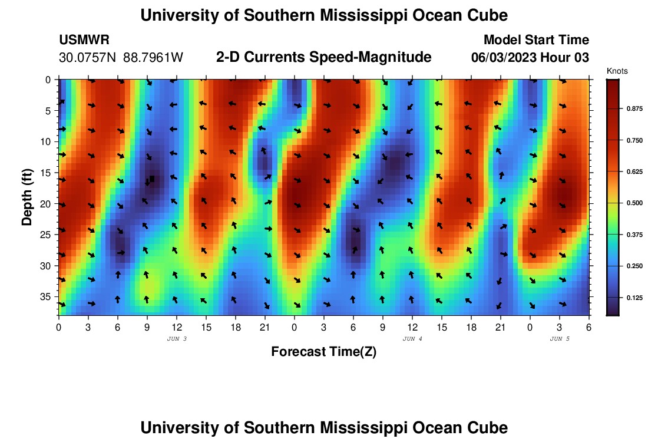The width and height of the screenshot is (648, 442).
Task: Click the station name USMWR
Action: [x=84, y=40]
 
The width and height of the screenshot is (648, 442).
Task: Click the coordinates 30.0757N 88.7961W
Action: [x=121, y=58]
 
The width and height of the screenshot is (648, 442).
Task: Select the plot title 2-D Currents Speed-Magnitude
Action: [x=323, y=57]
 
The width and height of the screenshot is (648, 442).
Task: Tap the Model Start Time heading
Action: [x=535, y=40]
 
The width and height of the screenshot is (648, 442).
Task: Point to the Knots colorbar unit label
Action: [x=617, y=71]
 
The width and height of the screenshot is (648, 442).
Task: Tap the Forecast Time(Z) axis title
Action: [x=323, y=352]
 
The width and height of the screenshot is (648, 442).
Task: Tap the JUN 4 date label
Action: [x=412, y=339]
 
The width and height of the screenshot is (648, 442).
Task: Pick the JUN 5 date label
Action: [x=560, y=339]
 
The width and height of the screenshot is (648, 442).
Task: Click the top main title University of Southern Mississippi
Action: [x=323, y=15]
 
